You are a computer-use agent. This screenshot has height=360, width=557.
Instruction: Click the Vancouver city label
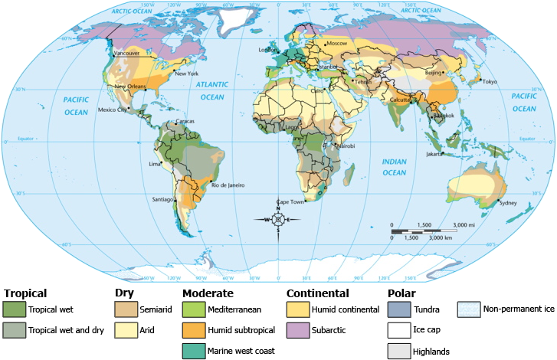[x=126, y=54]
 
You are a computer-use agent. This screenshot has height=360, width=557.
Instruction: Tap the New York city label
[x=187, y=74]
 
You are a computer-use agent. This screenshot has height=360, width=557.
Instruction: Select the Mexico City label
[x=111, y=110]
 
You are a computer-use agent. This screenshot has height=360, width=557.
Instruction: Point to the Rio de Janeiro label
[x=228, y=185]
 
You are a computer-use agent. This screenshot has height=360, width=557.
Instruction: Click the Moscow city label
[x=337, y=44]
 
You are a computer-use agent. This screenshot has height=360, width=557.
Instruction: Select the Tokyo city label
[x=490, y=81]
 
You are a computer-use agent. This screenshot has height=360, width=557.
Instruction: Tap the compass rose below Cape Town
[x=278, y=219]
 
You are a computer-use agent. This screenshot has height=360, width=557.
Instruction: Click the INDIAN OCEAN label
[x=394, y=167]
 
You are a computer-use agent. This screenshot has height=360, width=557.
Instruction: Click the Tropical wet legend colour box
[x=14, y=309]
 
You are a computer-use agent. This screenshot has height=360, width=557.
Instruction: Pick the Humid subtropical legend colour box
[x=193, y=330]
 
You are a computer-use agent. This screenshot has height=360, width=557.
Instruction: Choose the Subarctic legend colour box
[x=297, y=330]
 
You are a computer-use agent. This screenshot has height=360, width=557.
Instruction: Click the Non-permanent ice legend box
[x=468, y=309]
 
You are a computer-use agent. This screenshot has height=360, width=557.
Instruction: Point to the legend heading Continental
[x=317, y=293]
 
